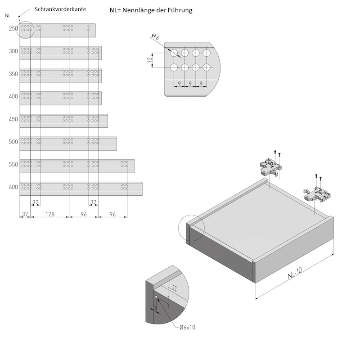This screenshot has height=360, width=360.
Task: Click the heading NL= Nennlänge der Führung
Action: pos(151,10)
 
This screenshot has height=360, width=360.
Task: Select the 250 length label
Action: pos(13,29)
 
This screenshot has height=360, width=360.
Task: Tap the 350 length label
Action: pos(13,74)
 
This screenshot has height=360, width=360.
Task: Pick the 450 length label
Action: pos(13,119)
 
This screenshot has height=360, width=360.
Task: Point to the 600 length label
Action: pos(13,187)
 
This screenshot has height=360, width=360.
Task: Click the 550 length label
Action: pos(13,165)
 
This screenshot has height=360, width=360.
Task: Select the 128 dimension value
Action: pos(50,215)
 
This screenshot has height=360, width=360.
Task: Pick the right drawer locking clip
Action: pos(319,193)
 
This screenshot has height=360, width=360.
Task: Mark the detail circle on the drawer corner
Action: pos(191,227)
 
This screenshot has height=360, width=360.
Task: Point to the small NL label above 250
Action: pos(8,15)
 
